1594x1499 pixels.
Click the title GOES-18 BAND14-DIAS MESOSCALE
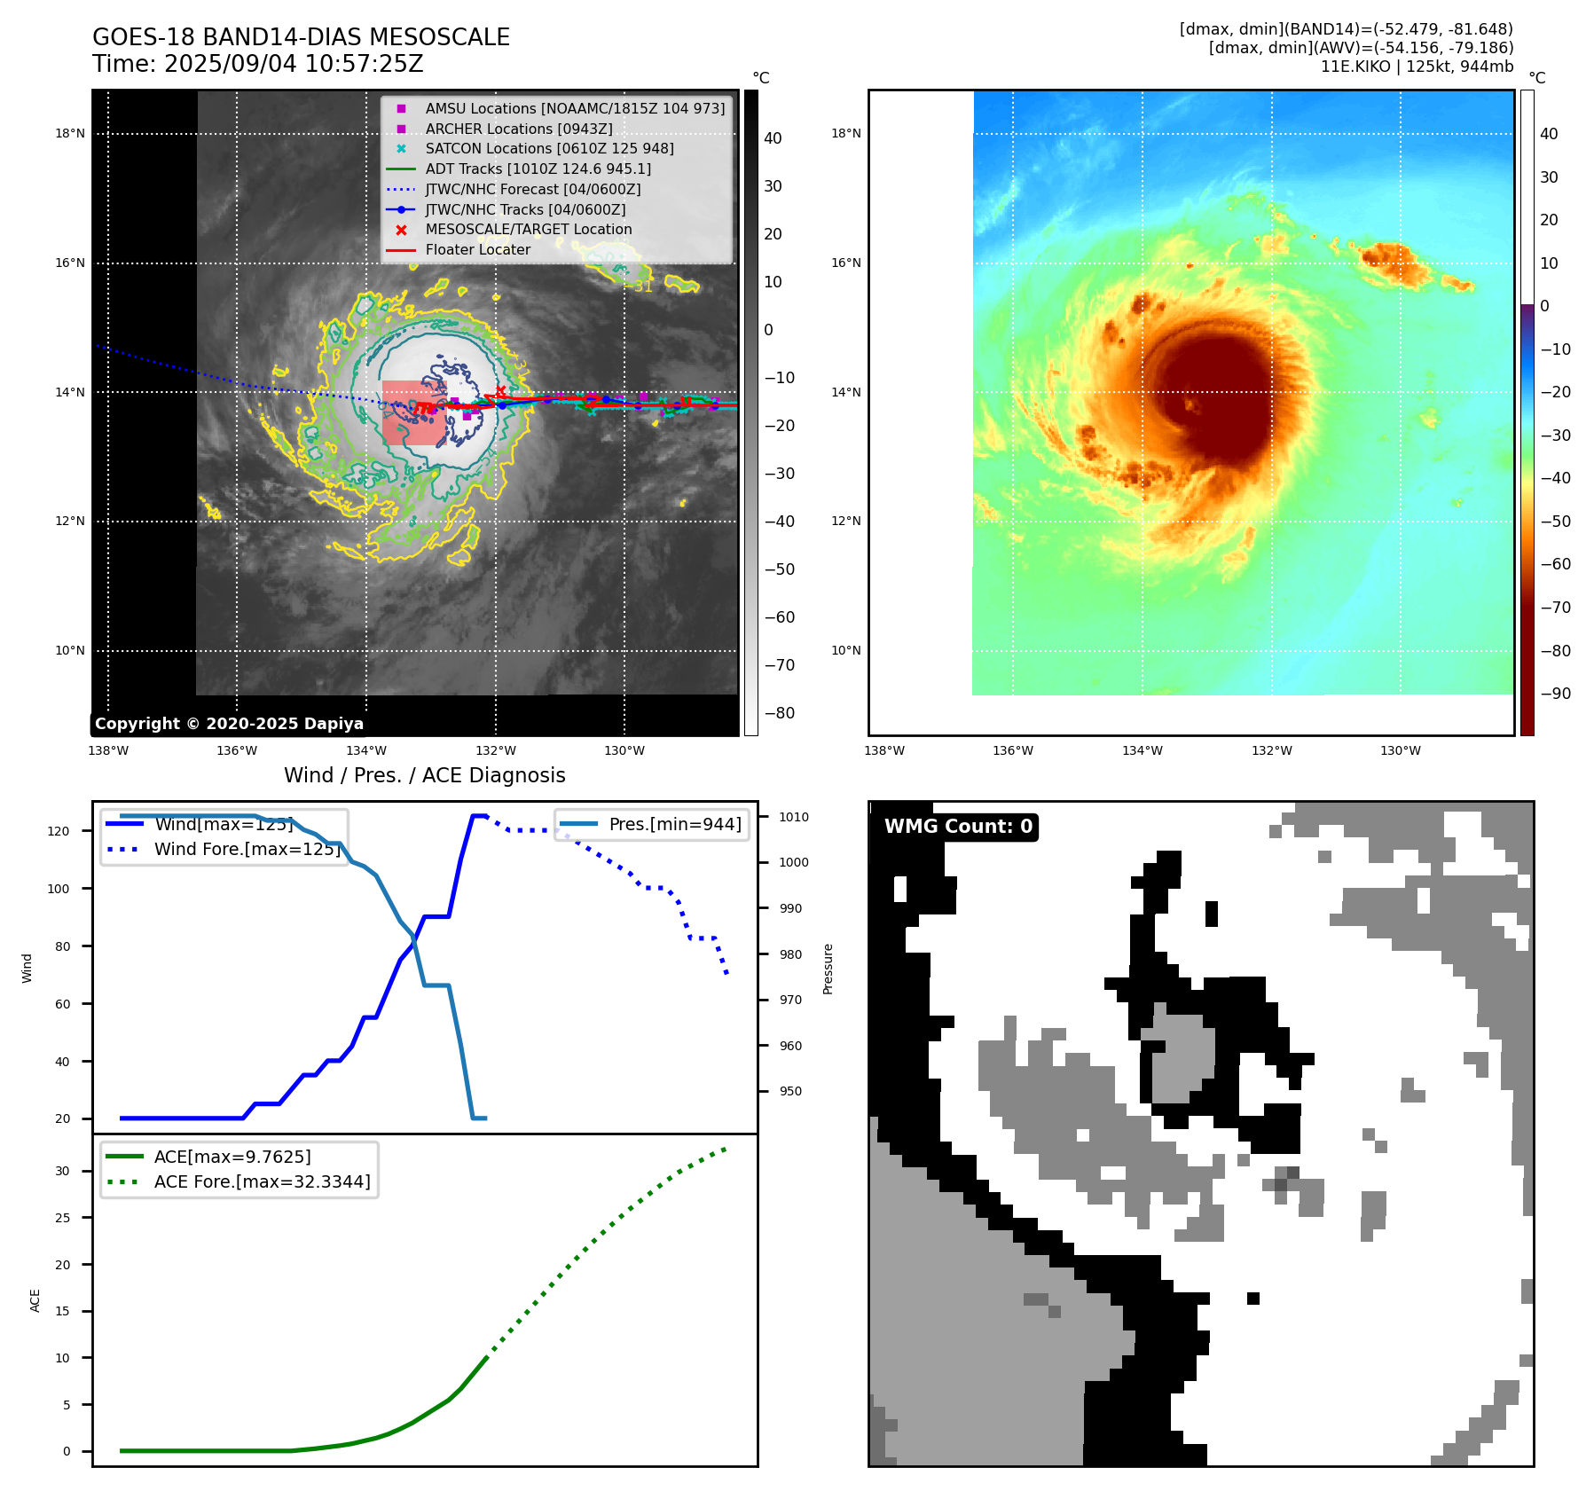pyautogui.click(x=301, y=37)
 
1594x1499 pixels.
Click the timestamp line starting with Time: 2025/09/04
pyautogui.click(x=257, y=64)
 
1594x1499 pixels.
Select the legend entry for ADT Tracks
pyautogui.click(x=538, y=169)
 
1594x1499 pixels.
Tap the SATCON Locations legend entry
pyautogui.click(x=549, y=148)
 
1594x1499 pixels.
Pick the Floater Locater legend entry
pyautogui.click(x=477, y=249)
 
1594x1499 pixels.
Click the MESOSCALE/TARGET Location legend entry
pyautogui.click(x=528, y=229)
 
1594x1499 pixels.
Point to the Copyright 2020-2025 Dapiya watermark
pyautogui.click(x=229, y=724)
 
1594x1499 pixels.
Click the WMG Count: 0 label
pyautogui.click(x=958, y=827)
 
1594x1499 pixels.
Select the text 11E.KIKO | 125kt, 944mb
pyautogui.click(x=1417, y=66)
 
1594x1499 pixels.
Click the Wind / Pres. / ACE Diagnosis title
pyautogui.click(x=424, y=775)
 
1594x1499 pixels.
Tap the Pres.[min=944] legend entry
pyautogui.click(x=674, y=824)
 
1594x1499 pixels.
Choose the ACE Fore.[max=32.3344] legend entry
pyautogui.click(x=262, y=1181)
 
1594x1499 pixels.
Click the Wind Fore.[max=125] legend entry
pyautogui.click(x=247, y=849)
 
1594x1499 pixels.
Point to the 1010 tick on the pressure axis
pyautogui.click(x=794, y=817)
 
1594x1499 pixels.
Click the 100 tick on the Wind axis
pyautogui.click(x=59, y=889)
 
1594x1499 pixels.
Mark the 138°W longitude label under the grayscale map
pyautogui.click(x=108, y=750)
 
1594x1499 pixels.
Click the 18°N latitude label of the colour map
pyautogui.click(x=845, y=134)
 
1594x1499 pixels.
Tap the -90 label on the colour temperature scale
pyautogui.click(x=1555, y=694)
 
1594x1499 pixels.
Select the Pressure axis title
pyautogui.click(x=828, y=969)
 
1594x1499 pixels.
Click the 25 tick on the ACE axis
pyautogui.click(x=62, y=1218)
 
